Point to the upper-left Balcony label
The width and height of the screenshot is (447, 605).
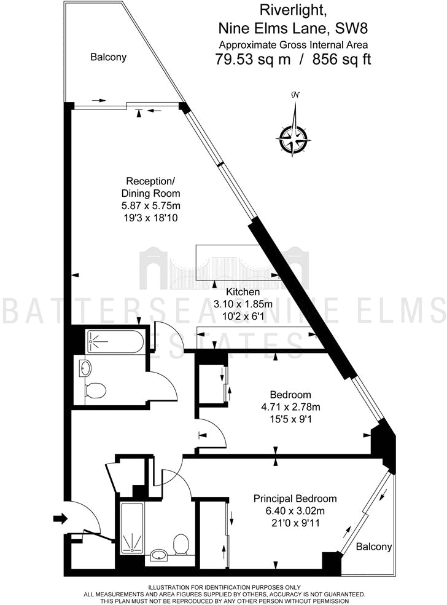click(x=109, y=57)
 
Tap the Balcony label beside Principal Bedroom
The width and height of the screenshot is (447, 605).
click(x=374, y=546)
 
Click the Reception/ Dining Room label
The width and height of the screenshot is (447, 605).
click(x=150, y=187)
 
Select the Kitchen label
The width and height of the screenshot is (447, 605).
click(x=243, y=292)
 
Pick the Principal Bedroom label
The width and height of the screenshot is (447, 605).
click(x=295, y=499)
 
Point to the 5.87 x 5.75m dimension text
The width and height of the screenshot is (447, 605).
click(x=150, y=205)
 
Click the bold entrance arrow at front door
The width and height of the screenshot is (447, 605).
click(x=60, y=519)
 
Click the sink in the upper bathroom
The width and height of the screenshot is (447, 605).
click(x=85, y=368)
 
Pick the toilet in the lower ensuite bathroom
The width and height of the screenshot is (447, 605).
click(x=181, y=544)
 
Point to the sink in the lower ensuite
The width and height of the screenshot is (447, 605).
click(x=160, y=553)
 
